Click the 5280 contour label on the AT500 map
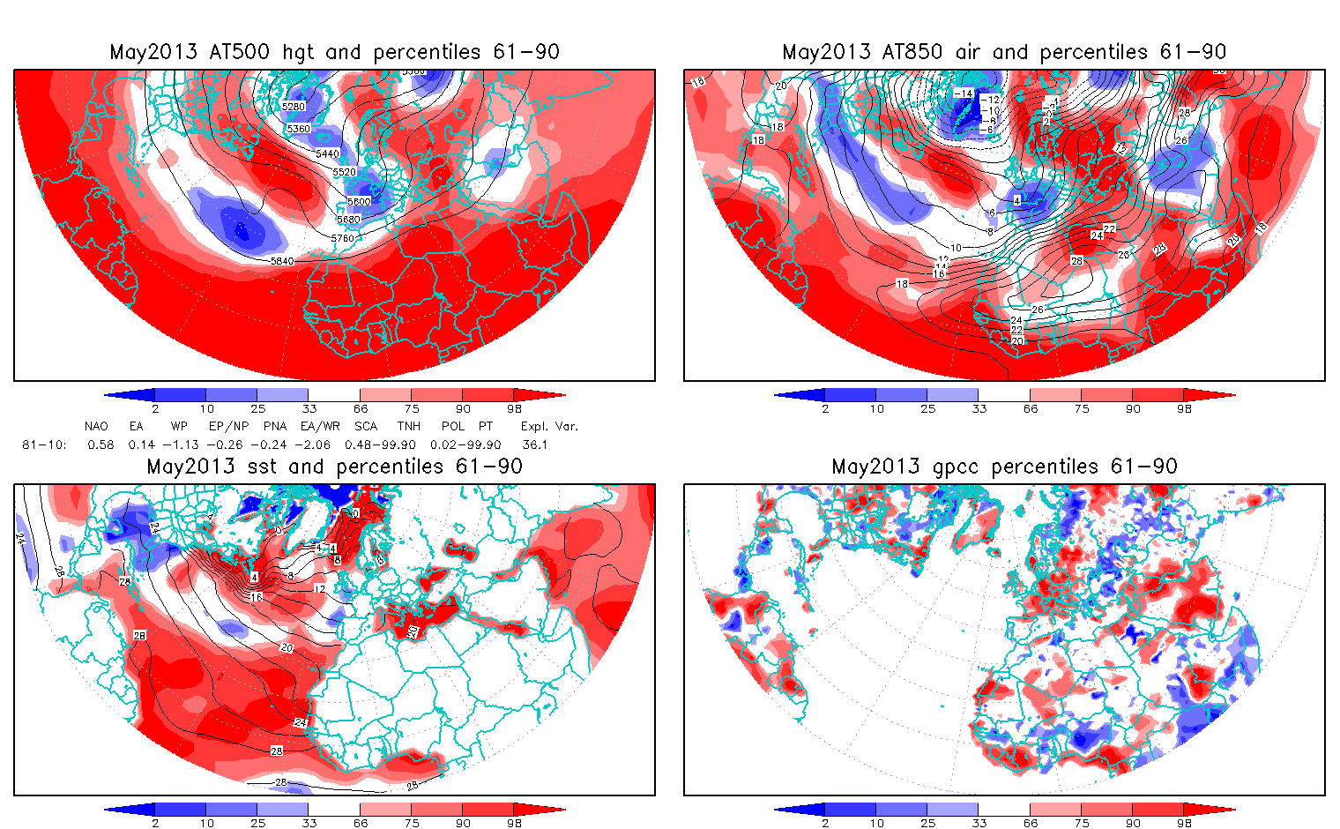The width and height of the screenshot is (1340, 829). (294, 107)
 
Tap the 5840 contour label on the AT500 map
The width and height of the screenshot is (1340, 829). (282, 261)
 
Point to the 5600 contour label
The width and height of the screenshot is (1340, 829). (359, 202)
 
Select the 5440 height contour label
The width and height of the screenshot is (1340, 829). (327, 153)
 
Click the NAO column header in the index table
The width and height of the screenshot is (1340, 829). (96, 426)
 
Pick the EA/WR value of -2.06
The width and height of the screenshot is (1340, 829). (312, 444)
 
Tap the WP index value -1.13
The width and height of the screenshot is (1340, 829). (184, 444)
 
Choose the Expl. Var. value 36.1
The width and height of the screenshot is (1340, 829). (534, 444)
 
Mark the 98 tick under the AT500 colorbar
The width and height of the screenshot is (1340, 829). (514, 408)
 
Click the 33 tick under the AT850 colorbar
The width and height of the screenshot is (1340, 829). (979, 408)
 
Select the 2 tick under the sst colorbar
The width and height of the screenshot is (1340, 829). (155, 823)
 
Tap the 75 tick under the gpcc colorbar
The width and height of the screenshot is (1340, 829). (1081, 823)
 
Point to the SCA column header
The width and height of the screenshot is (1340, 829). (366, 426)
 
